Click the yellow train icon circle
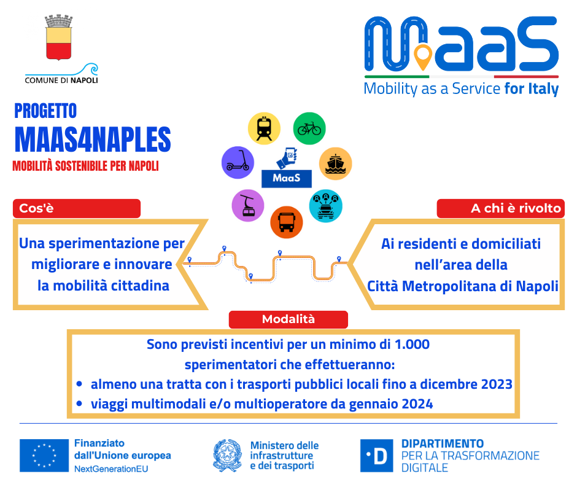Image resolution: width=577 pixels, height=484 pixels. pos(264,128)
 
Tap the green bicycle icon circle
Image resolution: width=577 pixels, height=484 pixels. pos(309,128)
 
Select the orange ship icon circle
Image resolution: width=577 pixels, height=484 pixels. pos(336,163)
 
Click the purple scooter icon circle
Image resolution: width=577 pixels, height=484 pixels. pos(237,162)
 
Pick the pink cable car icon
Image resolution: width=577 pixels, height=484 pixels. pos(248,205)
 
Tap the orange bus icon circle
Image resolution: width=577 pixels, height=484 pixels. pos(287,222)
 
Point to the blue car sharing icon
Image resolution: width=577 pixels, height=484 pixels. pos(326,205)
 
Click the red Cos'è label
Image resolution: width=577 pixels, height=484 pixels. pos(76,208)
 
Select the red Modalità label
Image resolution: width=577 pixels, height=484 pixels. pos(288,319)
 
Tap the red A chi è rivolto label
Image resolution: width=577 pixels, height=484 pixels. pos(500,208)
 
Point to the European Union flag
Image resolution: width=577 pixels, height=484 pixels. pos(44,455)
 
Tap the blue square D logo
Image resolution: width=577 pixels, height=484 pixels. pos(377,455)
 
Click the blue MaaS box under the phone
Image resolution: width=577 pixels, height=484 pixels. pos(287,179)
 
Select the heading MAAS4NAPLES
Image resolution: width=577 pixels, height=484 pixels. pos(93,139)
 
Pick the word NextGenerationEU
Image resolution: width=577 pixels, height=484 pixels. pos(111,469)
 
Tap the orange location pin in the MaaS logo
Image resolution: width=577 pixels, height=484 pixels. pos(423,59)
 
